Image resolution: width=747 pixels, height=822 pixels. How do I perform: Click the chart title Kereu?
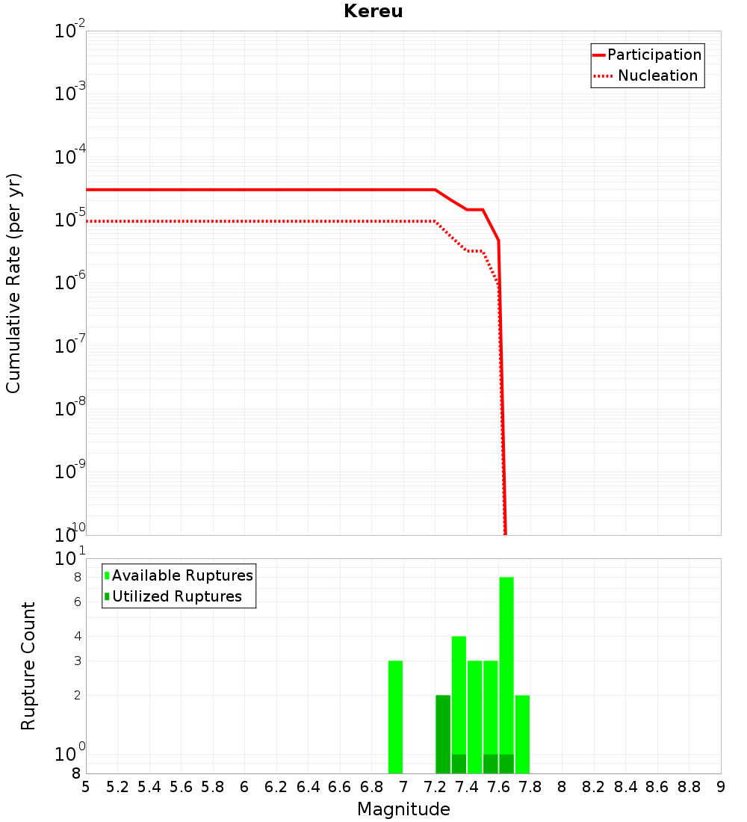373,11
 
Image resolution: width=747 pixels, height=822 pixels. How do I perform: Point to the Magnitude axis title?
403,809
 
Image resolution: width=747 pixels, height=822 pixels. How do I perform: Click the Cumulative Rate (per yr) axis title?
13,283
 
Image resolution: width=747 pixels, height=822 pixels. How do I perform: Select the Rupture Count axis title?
28,666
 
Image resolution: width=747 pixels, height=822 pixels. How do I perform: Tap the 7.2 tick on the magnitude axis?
435,788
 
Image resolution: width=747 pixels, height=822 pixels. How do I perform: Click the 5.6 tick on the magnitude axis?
181,788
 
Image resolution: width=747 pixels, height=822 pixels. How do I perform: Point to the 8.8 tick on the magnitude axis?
689,788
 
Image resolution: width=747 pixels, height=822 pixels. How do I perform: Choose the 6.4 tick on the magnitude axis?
308,788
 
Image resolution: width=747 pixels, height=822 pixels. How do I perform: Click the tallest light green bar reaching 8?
506,665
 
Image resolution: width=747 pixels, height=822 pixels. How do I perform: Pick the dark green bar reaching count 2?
443,734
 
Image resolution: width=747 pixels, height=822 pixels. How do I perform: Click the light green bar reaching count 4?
459,695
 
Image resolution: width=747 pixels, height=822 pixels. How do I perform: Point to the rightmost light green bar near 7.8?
522,734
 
